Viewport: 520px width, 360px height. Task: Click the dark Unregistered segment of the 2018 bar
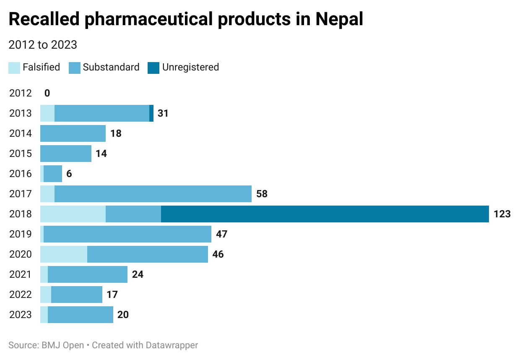(x=325, y=214)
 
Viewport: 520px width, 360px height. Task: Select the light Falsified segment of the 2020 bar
(x=64, y=254)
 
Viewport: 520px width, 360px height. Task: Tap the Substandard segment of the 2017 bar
(x=153, y=194)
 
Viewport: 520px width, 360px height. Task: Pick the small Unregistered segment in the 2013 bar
(x=151, y=113)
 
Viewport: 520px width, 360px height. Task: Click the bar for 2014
(x=73, y=133)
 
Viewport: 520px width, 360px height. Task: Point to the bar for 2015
(x=66, y=154)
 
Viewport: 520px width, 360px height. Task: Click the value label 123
(x=502, y=214)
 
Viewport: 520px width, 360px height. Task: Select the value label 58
(x=262, y=194)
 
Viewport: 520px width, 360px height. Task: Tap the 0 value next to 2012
(x=47, y=93)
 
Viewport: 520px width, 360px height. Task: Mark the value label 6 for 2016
(x=69, y=174)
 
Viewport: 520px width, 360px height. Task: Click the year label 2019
(x=21, y=234)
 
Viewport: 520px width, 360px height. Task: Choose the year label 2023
(x=21, y=315)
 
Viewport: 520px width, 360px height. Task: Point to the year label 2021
(x=21, y=274)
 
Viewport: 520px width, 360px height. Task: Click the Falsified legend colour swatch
(x=14, y=68)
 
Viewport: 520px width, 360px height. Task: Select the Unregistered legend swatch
(x=153, y=68)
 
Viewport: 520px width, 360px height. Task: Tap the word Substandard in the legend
(x=111, y=67)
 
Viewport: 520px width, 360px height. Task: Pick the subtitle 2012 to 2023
(x=43, y=45)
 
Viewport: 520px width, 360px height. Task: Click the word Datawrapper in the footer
(x=172, y=345)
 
